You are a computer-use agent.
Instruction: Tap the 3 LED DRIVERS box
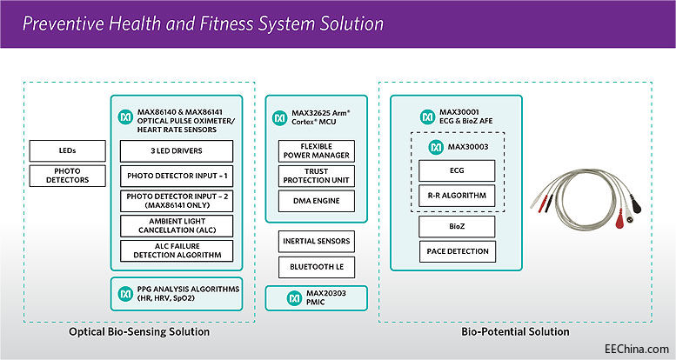pyautogui.click(x=177, y=150)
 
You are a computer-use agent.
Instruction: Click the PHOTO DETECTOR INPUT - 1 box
pyautogui.click(x=177, y=177)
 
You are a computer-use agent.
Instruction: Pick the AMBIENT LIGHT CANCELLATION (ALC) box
pyautogui.click(x=177, y=226)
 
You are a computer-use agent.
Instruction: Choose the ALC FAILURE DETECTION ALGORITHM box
pyautogui.click(x=177, y=250)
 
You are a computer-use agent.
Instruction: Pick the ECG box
pyautogui.click(x=456, y=170)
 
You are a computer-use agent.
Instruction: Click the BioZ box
pyautogui.click(x=456, y=227)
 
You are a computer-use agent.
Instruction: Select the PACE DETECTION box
pyautogui.click(x=456, y=252)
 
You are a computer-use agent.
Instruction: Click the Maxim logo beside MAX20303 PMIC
pyautogui.click(x=280, y=298)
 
